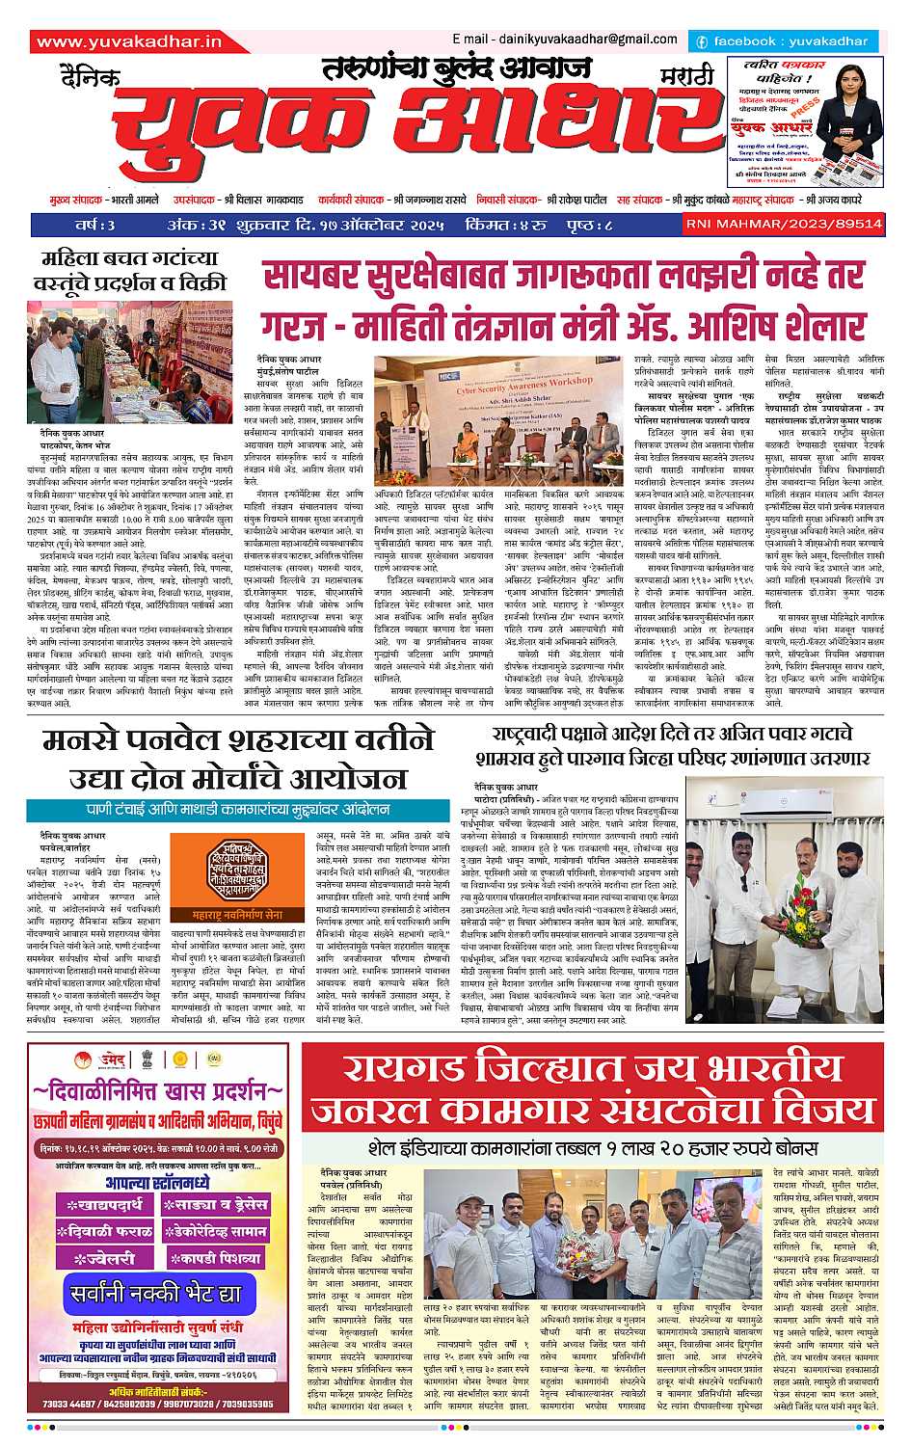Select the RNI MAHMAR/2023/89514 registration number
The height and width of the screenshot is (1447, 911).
click(823, 224)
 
